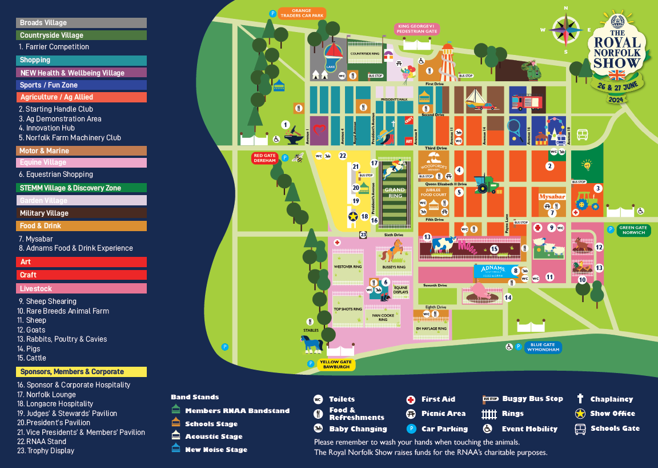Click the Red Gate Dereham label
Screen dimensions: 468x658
point(264,158)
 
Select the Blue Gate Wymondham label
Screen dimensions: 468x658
point(542,347)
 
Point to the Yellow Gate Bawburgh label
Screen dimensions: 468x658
point(336,364)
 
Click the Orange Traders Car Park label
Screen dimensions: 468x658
point(301,13)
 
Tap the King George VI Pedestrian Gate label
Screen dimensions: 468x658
point(417,29)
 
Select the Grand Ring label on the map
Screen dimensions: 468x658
point(394,193)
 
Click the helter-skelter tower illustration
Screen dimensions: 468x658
point(448,62)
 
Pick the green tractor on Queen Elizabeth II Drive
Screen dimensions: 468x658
point(486,184)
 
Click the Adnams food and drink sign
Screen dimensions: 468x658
point(492,271)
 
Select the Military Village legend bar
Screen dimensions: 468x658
point(82,213)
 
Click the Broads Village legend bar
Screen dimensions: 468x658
point(82,23)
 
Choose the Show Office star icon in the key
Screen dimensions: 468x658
point(580,414)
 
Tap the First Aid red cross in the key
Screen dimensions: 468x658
point(410,399)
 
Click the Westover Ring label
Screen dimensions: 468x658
point(347,266)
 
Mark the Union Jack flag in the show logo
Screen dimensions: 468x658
point(617,75)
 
